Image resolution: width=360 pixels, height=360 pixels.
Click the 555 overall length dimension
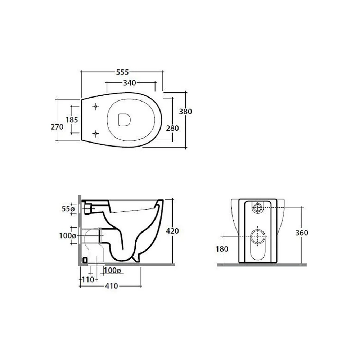122,72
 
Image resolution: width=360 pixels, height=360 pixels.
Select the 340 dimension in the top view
130,83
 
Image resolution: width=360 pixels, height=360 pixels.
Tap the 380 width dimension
185,112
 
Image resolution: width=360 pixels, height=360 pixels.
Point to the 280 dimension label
172,128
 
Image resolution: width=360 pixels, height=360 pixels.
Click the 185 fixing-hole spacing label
72,120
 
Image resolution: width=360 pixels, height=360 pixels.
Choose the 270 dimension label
57,127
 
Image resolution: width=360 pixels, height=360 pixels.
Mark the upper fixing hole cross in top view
96,106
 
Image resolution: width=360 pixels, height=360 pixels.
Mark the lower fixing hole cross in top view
96,134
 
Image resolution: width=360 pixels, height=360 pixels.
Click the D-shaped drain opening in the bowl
124,120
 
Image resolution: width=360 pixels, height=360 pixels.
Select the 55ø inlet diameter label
68,209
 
